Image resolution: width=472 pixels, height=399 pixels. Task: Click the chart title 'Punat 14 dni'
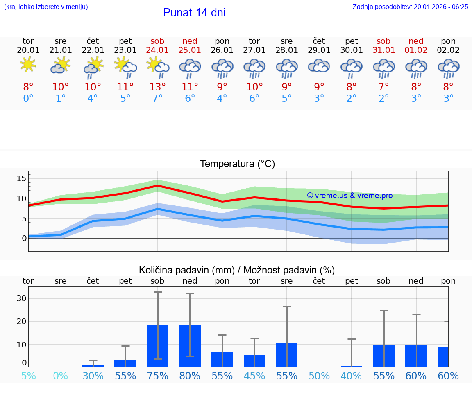click(194, 13)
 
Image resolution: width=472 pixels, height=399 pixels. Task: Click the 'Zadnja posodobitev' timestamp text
click(410, 7)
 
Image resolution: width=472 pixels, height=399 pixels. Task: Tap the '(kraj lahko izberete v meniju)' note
click(46, 7)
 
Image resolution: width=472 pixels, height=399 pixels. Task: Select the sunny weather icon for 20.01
click(28, 65)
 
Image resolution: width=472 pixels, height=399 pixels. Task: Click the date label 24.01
click(157, 50)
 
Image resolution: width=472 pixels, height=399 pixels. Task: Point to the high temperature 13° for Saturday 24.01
click(157, 87)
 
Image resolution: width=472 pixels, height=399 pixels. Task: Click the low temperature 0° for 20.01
click(28, 99)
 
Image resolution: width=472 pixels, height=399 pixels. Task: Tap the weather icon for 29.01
click(319, 66)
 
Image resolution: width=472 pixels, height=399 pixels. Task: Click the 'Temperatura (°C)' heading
click(237, 164)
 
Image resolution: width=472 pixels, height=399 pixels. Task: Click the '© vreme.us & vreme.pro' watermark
click(349, 196)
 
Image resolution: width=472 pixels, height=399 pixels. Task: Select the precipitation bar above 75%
click(157, 346)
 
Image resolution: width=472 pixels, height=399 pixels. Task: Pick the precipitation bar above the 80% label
click(190, 346)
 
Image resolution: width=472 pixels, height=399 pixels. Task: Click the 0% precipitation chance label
click(60, 376)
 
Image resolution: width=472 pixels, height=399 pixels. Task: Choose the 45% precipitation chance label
click(254, 376)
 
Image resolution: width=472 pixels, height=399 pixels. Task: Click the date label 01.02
click(416, 50)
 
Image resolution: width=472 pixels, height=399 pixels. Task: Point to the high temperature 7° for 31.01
click(383, 87)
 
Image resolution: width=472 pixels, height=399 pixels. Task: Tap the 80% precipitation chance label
click(190, 376)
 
